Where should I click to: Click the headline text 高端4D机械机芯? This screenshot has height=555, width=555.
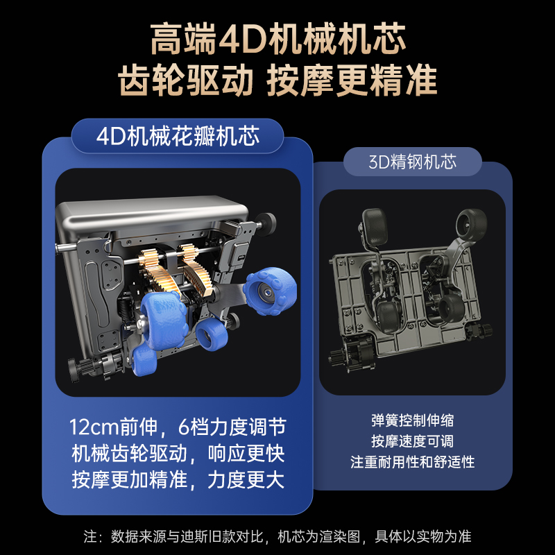(x=278, y=39)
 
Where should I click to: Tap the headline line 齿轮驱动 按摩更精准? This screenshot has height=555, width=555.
(x=277, y=80)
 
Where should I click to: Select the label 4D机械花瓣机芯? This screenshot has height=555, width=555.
(x=178, y=136)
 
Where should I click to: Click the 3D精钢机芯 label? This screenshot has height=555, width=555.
(x=412, y=162)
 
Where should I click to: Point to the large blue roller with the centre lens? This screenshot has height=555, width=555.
(x=270, y=291)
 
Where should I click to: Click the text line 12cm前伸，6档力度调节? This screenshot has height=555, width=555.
(x=178, y=427)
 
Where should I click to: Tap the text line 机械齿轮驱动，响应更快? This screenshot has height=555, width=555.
(x=178, y=454)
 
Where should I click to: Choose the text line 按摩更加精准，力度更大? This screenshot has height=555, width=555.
(x=178, y=479)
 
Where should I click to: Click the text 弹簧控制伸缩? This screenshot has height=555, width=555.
(x=412, y=420)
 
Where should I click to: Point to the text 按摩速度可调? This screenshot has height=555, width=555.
(x=412, y=441)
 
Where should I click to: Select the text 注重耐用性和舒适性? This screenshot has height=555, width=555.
(x=412, y=462)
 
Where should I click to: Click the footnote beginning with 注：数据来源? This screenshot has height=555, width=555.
(x=277, y=536)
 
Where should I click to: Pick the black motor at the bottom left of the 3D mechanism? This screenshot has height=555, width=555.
(x=350, y=354)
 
